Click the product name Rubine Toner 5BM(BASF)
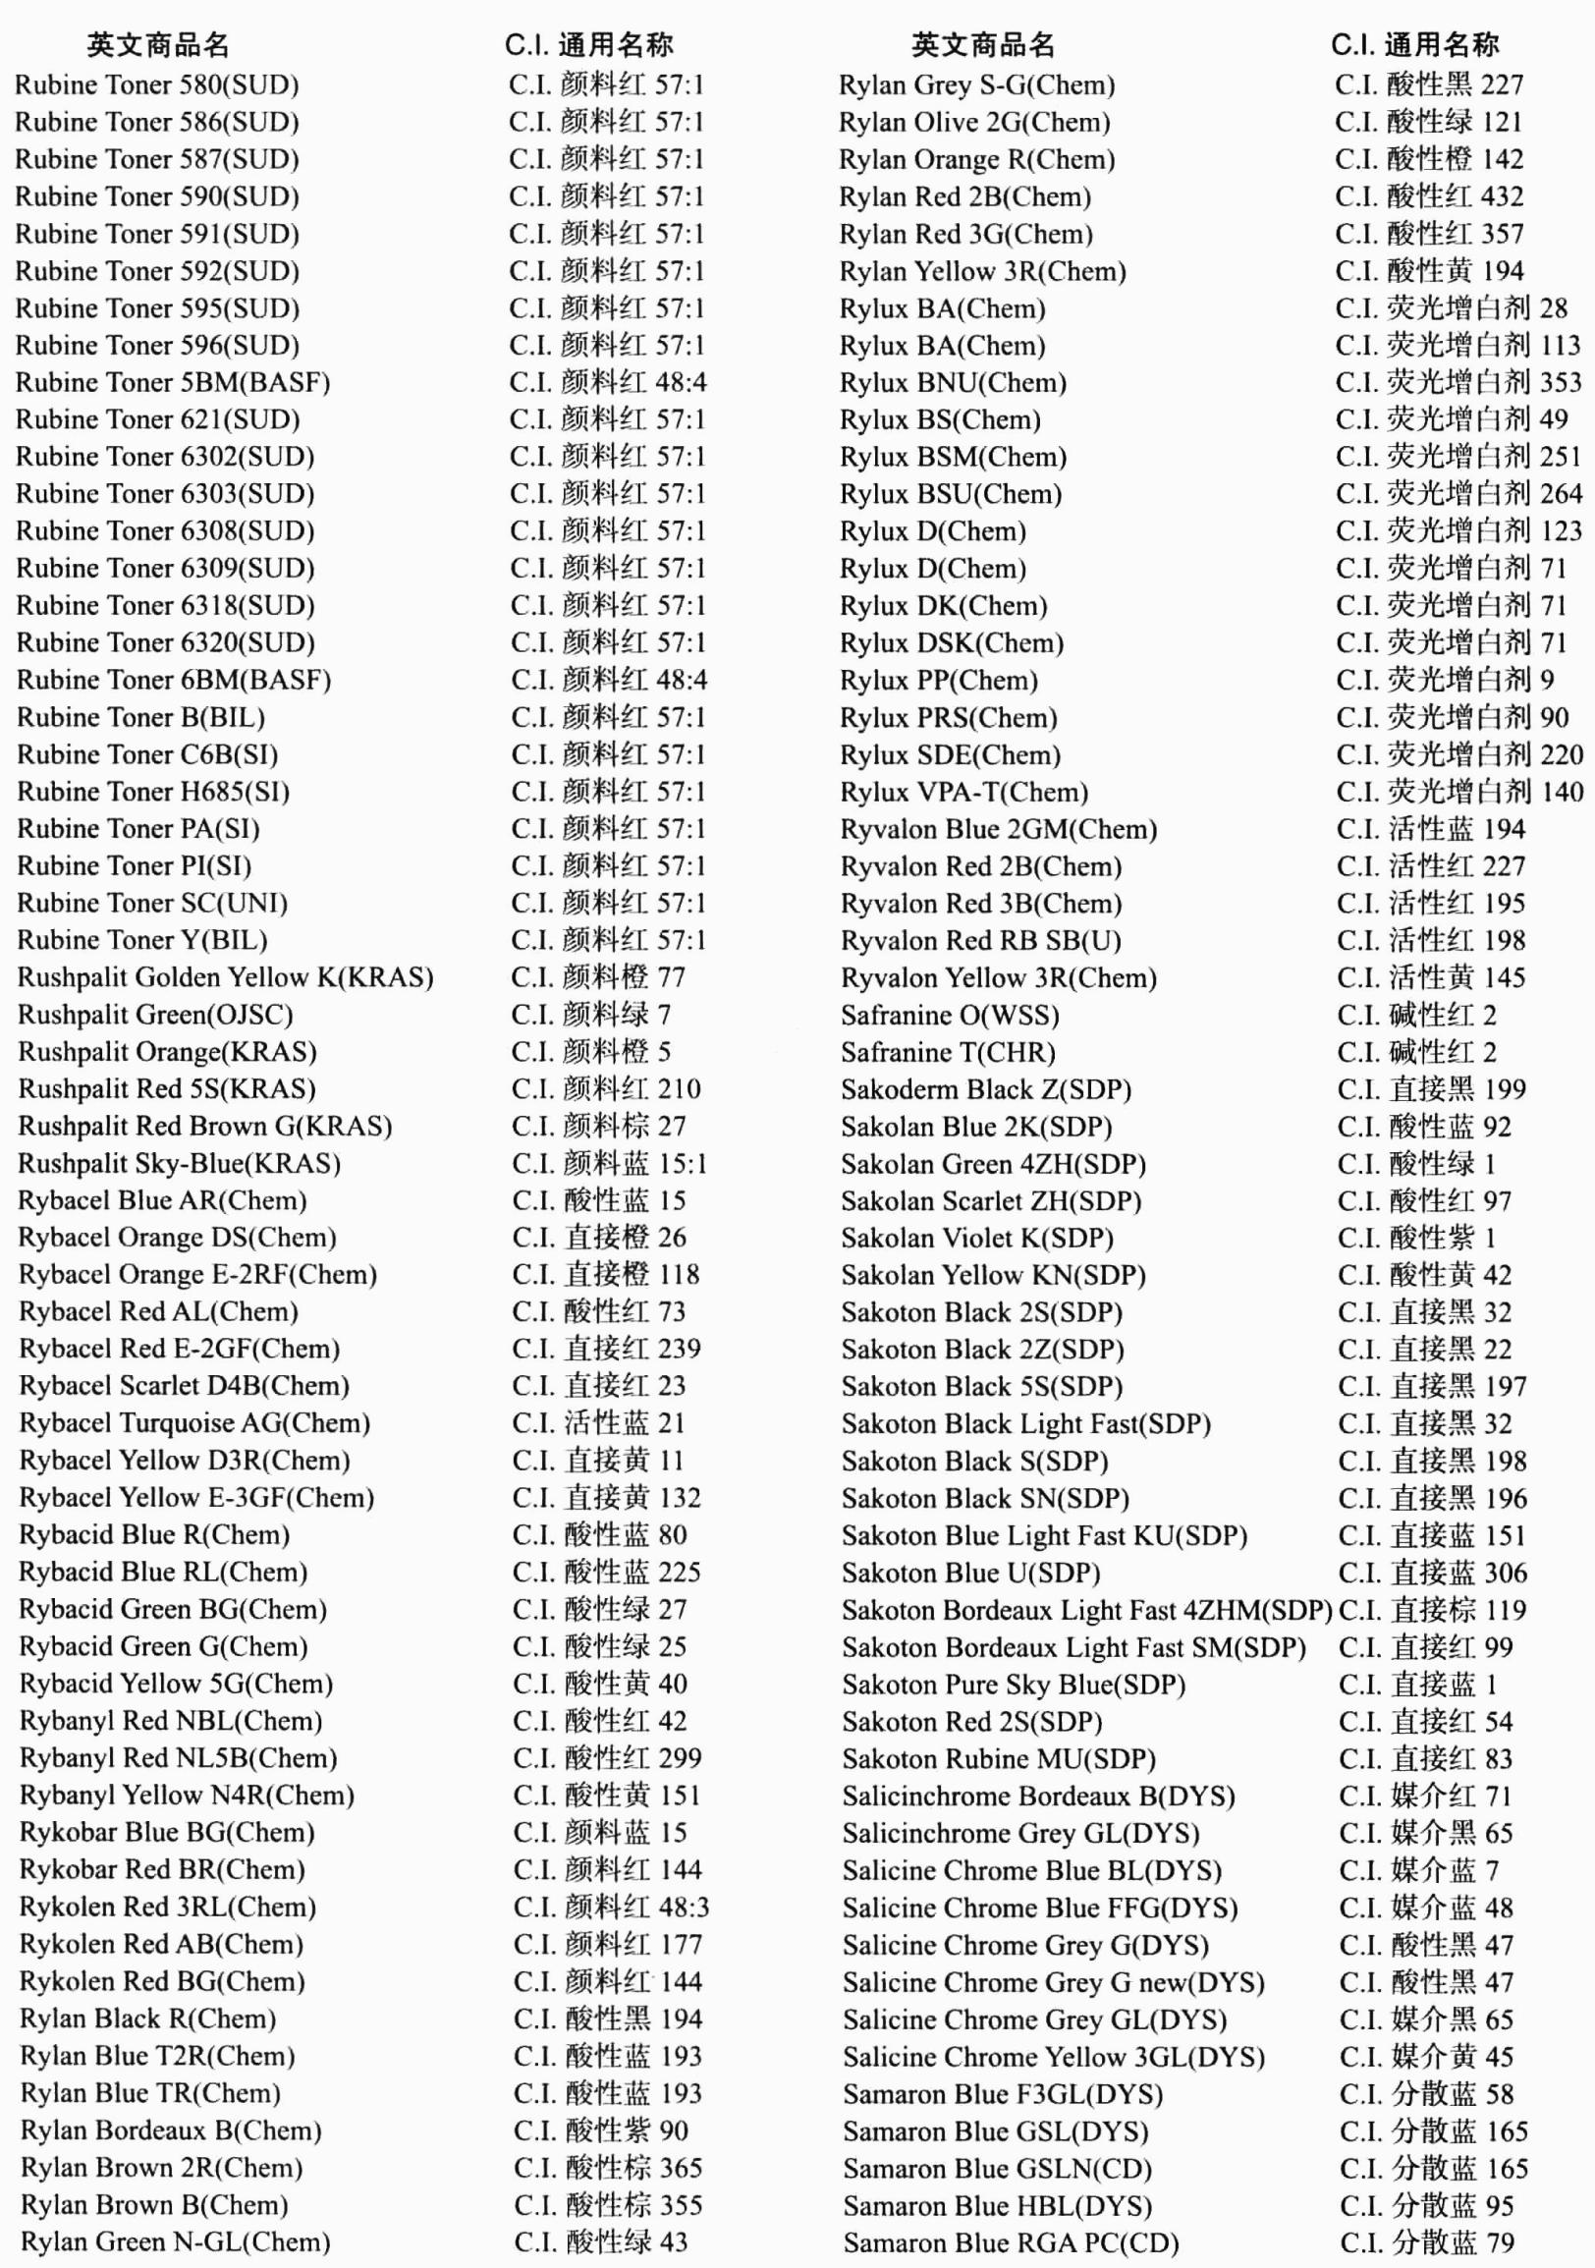(173, 382)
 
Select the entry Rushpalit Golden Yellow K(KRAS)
(225, 977)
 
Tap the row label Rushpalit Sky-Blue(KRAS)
(179, 1164)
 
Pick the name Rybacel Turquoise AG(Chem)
(194, 1423)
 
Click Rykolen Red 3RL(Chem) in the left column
(168, 1908)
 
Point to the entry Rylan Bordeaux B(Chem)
(171, 2130)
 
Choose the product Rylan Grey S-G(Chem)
(977, 84)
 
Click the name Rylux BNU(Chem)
(953, 382)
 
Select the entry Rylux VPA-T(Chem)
(963, 793)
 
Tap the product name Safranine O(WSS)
(950, 1016)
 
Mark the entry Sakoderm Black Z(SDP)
(987, 1089)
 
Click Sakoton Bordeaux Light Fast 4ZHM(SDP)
(1087, 1610)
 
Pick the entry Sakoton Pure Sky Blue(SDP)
(1014, 1685)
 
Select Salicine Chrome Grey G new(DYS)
(1054, 1982)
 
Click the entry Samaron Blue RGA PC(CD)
(1012, 2243)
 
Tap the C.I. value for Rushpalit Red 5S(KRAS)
(605, 1088)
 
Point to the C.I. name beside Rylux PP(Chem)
(1445, 680)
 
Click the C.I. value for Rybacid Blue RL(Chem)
(606, 1572)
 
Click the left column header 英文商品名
(158, 45)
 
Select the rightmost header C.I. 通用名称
(1415, 45)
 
